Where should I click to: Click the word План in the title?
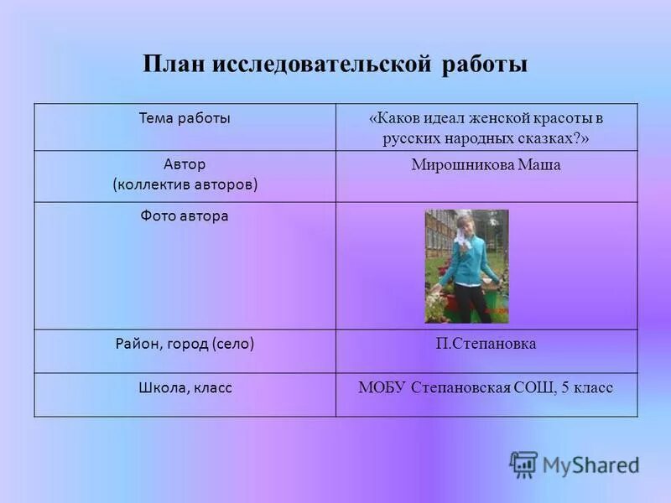(173, 65)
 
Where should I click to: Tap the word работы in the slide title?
(485, 65)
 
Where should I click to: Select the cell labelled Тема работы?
(185, 118)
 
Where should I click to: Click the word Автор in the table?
(185, 164)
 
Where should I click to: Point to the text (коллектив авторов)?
(185, 184)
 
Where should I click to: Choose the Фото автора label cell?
(185, 216)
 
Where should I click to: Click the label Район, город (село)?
(185, 343)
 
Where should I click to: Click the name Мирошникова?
(460, 165)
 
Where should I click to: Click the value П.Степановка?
(486, 344)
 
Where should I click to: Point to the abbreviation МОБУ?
(382, 387)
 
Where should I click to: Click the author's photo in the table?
(466, 266)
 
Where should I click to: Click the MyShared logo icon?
(523, 464)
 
